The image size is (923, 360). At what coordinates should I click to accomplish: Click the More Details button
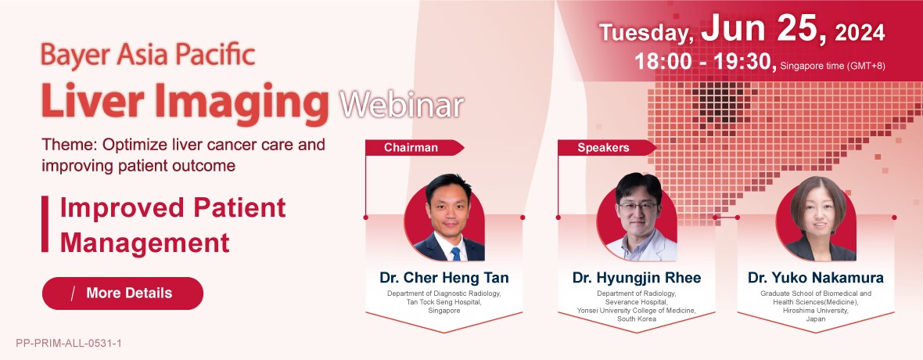[123, 293]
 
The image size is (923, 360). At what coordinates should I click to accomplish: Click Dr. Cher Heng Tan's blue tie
[455, 254]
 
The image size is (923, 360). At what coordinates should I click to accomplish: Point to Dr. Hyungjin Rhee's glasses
[637, 207]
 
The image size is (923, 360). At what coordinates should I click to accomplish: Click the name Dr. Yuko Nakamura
[815, 278]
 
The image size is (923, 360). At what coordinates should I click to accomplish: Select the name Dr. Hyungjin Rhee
[637, 278]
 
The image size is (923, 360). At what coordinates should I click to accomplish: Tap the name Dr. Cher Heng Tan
[444, 278]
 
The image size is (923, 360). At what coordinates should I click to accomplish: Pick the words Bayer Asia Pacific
[148, 56]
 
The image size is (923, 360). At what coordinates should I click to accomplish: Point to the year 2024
[860, 33]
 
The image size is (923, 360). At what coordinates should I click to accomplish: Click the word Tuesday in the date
[646, 33]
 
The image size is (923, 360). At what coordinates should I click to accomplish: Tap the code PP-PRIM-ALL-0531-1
[69, 343]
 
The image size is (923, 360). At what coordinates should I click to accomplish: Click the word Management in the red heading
[145, 243]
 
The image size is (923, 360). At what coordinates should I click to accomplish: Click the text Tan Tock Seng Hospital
[444, 301]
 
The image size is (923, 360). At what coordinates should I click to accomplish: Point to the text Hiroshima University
[815, 310]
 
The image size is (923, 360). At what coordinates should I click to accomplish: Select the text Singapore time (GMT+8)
[832, 66]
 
